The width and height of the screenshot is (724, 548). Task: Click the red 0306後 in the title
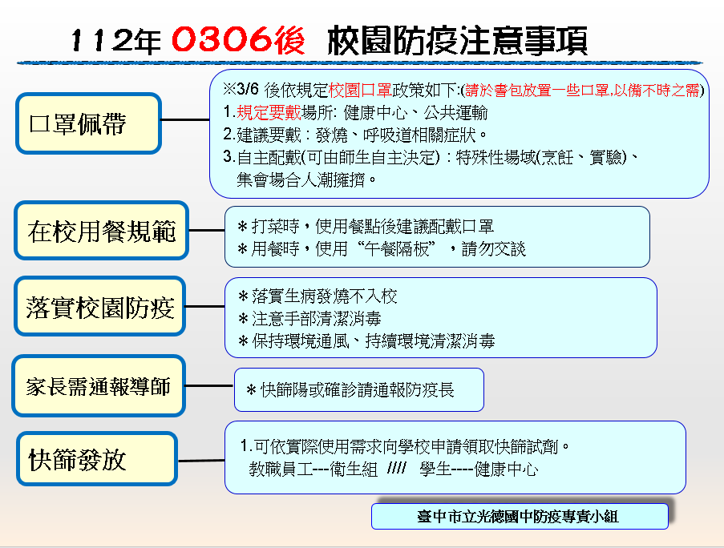238,40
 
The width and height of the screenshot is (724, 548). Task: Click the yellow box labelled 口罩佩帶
88,123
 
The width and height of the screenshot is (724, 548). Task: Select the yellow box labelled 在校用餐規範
102,231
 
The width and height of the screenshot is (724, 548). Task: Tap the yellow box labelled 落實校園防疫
99,306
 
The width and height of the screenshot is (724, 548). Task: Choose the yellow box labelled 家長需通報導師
99,385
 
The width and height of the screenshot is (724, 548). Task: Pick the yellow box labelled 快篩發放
97,459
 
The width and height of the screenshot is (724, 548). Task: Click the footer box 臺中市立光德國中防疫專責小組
520,516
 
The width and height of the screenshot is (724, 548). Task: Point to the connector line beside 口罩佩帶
185,120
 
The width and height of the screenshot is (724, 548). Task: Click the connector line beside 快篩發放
201,461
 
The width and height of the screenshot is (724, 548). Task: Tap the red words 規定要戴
269,112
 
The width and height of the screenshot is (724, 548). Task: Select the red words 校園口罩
360,90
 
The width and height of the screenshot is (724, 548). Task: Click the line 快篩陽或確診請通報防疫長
350,390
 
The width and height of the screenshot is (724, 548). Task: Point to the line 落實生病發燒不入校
318,296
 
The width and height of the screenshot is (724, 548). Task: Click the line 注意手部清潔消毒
309,319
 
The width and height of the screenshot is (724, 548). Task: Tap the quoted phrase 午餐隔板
397,249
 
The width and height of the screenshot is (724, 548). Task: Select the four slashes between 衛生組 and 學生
397,469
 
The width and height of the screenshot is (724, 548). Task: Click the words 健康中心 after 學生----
507,469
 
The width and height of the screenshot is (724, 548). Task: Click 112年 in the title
116,41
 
